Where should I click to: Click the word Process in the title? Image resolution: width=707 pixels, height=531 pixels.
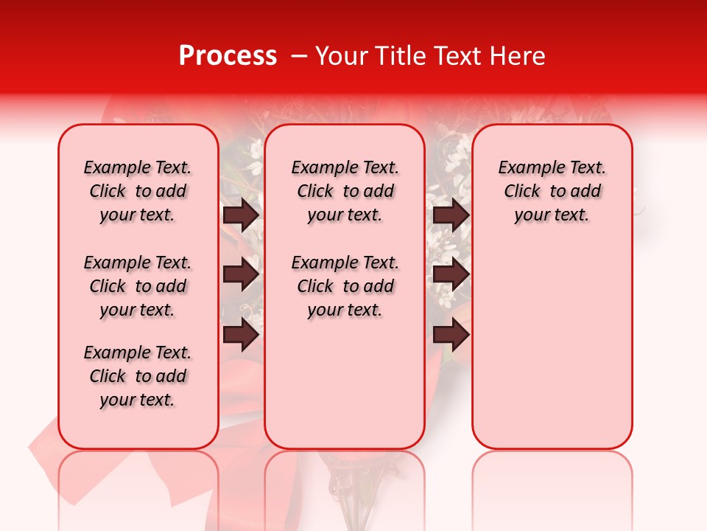(x=228, y=56)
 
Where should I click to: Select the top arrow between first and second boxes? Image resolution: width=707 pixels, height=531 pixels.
(x=241, y=215)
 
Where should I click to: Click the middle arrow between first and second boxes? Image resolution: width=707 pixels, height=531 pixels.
(x=241, y=275)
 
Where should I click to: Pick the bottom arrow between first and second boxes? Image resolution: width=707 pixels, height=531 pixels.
(x=241, y=336)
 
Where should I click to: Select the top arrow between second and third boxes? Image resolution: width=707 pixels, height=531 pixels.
(x=451, y=215)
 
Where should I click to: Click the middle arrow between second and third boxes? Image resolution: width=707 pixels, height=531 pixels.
(x=451, y=275)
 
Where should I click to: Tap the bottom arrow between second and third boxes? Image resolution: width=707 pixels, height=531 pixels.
(x=451, y=336)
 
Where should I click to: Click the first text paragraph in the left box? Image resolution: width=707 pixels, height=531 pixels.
(x=138, y=191)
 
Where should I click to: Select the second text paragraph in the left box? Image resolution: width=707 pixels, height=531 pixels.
(x=138, y=286)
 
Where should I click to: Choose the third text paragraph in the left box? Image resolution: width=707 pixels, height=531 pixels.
(x=138, y=376)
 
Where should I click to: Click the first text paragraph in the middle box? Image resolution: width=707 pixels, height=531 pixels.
(x=345, y=191)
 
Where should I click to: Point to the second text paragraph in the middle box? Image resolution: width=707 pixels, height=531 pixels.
(x=345, y=286)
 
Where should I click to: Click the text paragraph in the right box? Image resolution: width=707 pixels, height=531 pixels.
(x=552, y=191)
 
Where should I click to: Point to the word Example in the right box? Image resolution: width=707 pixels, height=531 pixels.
(x=525, y=167)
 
